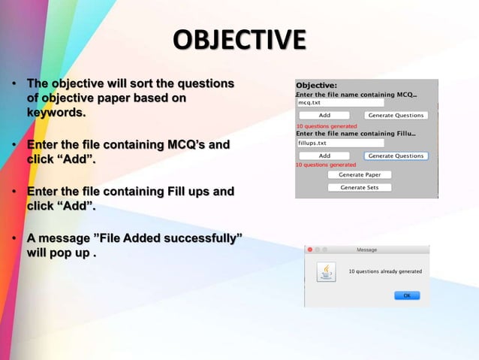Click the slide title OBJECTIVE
239,39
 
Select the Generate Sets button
359,187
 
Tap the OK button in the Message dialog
408,295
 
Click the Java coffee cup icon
326,271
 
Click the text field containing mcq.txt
340,102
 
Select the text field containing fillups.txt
340,143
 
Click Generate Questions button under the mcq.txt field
396,116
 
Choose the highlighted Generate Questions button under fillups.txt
396,156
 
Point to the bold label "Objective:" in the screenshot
317,85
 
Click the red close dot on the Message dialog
309,250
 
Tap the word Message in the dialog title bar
366,250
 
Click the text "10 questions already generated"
385,271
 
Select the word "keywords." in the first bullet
56,113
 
